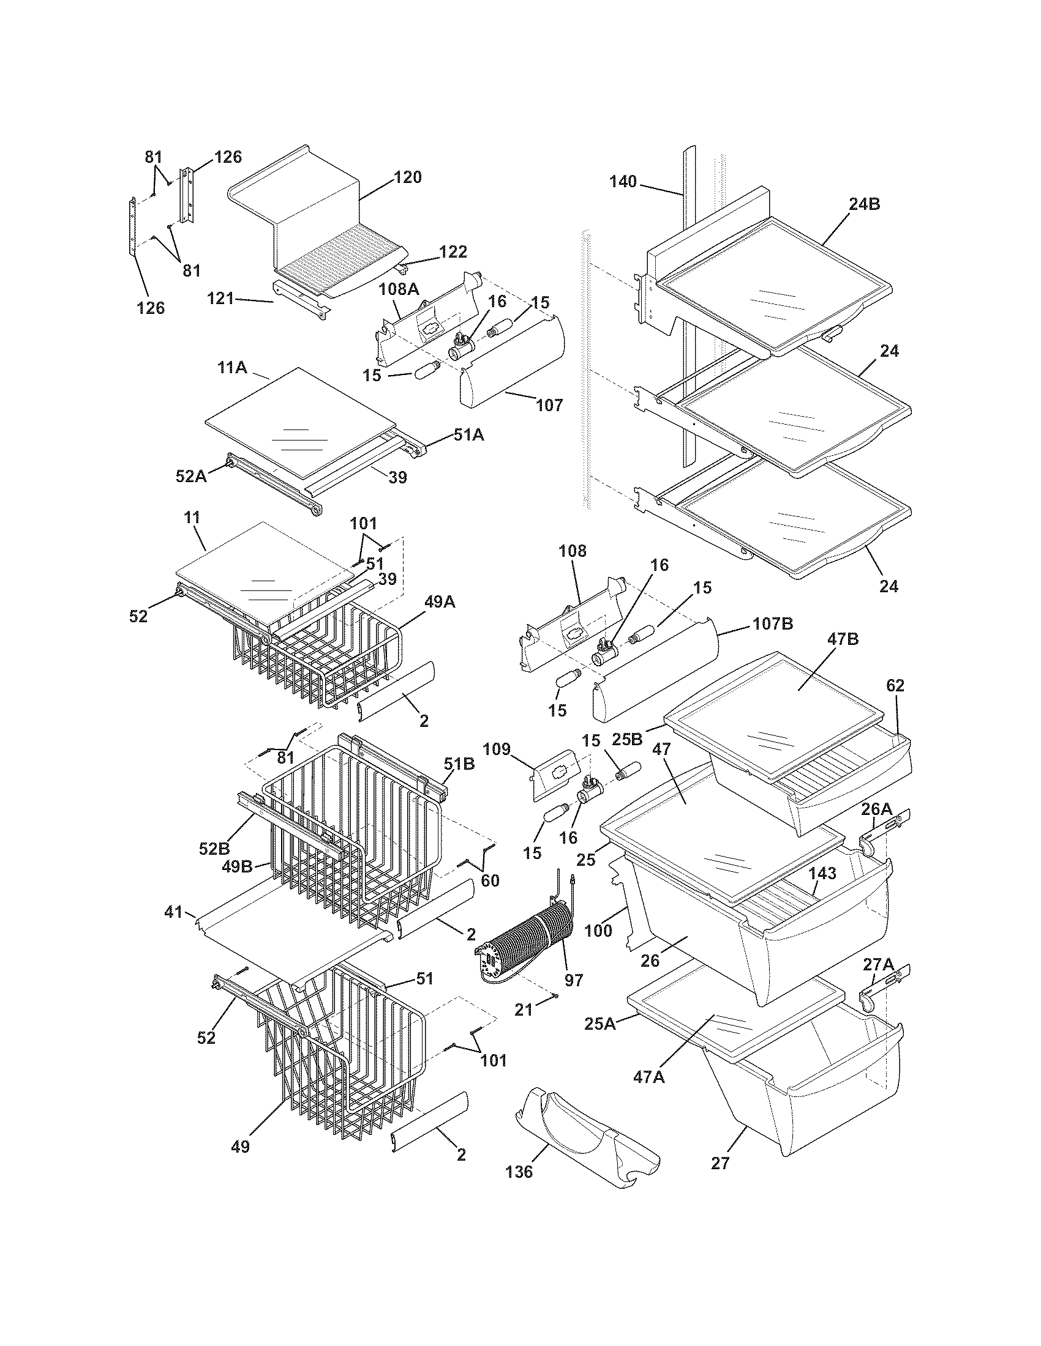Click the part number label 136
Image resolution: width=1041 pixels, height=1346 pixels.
point(519,1189)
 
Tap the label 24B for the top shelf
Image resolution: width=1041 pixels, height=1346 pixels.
point(864,204)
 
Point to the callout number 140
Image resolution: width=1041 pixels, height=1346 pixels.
point(623,182)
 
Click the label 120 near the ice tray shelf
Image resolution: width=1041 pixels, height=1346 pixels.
point(408,177)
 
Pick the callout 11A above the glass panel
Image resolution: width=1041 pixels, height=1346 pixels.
point(233,368)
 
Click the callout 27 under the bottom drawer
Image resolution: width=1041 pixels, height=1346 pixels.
point(720,1163)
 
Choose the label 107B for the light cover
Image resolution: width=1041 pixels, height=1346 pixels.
point(772,623)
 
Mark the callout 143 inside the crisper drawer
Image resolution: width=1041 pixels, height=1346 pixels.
point(822,873)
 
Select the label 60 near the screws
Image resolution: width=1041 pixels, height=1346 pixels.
point(490,880)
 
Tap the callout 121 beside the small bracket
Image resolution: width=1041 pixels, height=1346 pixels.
point(220,299)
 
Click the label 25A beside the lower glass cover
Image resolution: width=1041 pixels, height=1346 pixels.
point(600,1024)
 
